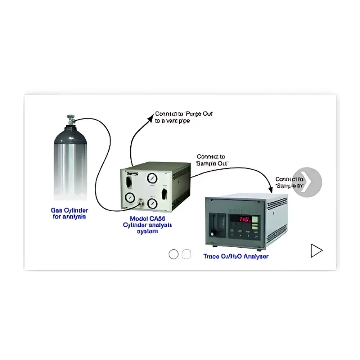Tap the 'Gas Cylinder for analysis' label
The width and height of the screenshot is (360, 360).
69,213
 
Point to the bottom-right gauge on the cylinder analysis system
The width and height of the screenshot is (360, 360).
152,203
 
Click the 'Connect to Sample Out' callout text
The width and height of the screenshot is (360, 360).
212,160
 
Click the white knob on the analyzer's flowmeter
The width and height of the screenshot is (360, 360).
212,234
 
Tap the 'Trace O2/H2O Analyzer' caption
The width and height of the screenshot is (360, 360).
235,257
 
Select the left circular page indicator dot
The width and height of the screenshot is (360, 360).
174,254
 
